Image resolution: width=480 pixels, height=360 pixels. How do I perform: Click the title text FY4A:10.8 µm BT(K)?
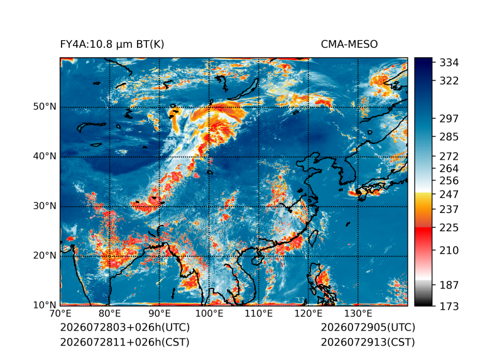tap(112, 45)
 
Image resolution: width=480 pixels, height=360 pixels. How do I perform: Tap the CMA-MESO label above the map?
tap(349, 45)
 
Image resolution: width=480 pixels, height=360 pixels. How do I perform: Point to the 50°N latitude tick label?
tap(45, 107)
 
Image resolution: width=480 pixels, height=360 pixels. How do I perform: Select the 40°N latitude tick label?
tap(45, 156)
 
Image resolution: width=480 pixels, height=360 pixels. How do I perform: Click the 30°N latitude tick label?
tap(45, 205)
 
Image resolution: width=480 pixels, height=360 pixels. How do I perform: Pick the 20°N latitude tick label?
tap(45, 255)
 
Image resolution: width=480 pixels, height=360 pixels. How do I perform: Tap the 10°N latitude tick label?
tap(45, 305)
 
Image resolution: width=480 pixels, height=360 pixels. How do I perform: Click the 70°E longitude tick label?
tap(60, 314)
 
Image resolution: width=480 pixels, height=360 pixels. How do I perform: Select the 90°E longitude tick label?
tap(159, 314)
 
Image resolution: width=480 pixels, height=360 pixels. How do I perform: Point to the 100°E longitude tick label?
tap(209, 314)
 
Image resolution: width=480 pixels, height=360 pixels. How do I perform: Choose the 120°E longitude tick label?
tap(308, 314)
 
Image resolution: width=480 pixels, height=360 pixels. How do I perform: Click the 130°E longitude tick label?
tap(358, 314)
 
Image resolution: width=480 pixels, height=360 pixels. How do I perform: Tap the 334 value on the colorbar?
tap(449, 63)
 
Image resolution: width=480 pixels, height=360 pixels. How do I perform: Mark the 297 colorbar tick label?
tap(449, 119)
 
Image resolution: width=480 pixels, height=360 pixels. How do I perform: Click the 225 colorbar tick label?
tap(449, 228)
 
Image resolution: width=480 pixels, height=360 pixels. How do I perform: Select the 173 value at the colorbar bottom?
tap(449, 306)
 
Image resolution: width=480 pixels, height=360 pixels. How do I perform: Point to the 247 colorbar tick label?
tap(449, 194)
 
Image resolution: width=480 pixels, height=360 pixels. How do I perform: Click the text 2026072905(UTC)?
tap(368, 327)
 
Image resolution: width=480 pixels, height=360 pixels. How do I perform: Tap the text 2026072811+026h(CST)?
tap(124, 342)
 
